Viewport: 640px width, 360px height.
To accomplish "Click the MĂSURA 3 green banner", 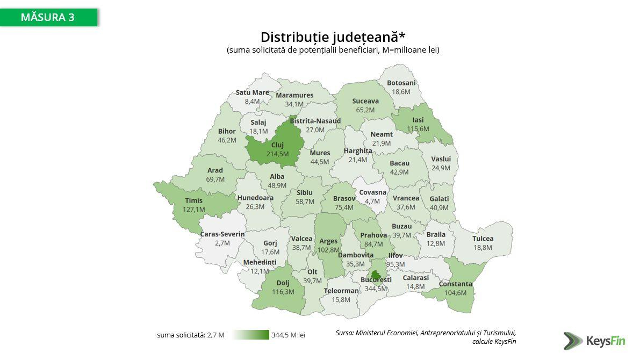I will pos(48,17).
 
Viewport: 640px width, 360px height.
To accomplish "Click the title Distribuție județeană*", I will pos(333,37).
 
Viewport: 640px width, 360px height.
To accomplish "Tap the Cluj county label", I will pos(277,145).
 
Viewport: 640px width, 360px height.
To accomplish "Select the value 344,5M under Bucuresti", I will pos(376,289).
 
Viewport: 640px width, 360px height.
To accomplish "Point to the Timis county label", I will pos(194,200).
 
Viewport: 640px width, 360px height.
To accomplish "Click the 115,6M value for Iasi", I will pos(418,129).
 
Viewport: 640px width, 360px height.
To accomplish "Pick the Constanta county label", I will pos(455,284).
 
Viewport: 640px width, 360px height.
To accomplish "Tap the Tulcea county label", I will pos(483,239).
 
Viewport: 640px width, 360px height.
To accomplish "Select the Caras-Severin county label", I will pos(222,234).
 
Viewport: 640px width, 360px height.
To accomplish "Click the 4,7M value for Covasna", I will pos(372,201).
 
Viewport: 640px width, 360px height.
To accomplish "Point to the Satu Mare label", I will pos(252,92).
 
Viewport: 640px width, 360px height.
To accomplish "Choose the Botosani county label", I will pos(401,83).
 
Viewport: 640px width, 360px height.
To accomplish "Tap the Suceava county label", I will pos(365,101).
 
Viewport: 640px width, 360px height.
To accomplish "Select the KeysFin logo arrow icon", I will pos(573,340).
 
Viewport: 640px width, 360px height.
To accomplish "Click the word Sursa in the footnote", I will pos(344,333).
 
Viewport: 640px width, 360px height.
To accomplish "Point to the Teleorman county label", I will pos(341,291).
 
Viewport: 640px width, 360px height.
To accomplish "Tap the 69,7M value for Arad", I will pos(215,179).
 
